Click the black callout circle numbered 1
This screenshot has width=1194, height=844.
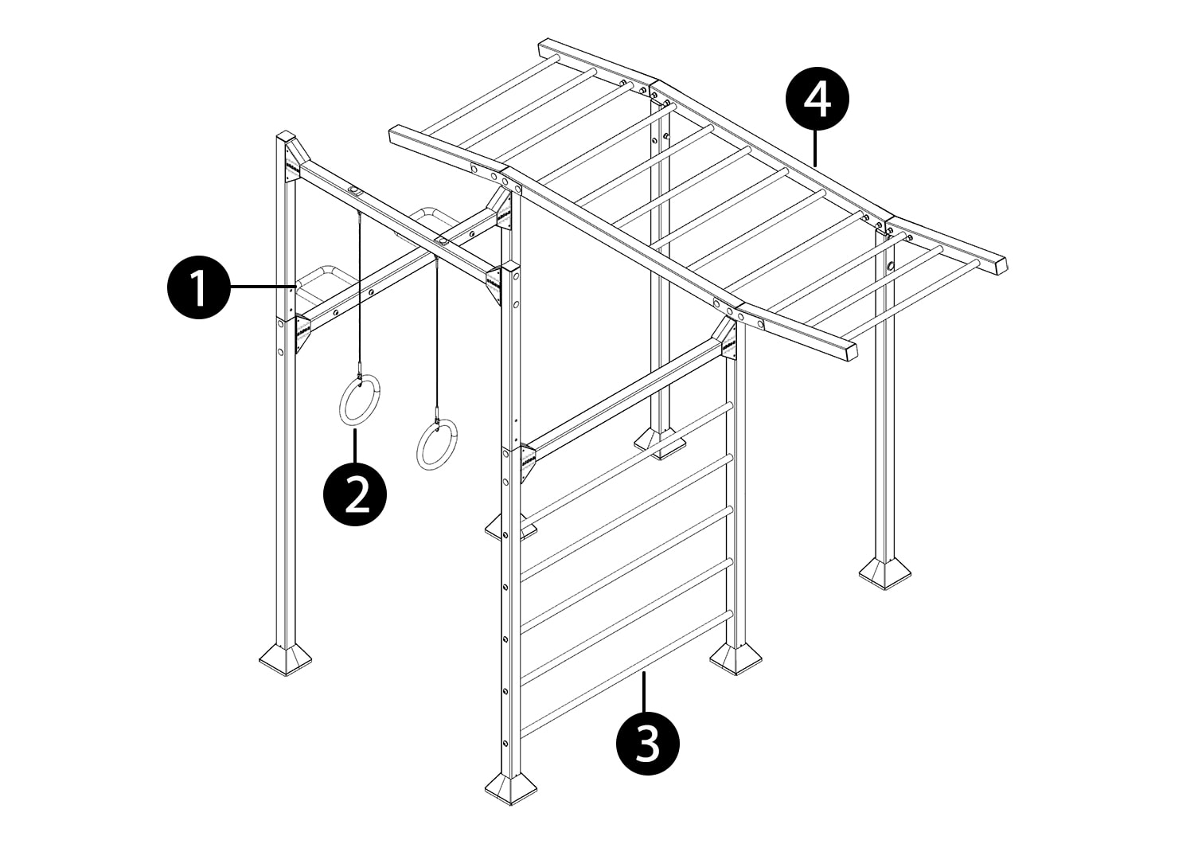point(199,287)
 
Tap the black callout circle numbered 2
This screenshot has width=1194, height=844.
point(356,494)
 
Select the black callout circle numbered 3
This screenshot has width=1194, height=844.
point(648,743)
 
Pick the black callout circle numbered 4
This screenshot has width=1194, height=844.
point(817,99)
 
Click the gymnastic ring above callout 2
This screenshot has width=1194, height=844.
point(360,400)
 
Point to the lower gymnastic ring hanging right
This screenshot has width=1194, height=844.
point(437,444)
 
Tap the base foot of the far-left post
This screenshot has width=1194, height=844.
point(286,660)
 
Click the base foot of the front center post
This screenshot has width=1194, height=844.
point(511,788)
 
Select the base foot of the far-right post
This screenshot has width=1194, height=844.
point(885,573)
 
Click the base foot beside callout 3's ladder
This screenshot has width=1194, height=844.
point(736,659)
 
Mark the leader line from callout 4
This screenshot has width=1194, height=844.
point(816,148)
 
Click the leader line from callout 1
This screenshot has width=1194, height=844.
point(263,287)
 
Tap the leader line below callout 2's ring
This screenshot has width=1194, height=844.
point(356,444)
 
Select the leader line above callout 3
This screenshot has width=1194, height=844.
point(645,691)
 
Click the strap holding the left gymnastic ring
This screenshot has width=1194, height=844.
point(361,293)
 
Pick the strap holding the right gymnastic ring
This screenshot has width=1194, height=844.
point(437,338)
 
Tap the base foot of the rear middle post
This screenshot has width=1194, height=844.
point(660,443)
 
